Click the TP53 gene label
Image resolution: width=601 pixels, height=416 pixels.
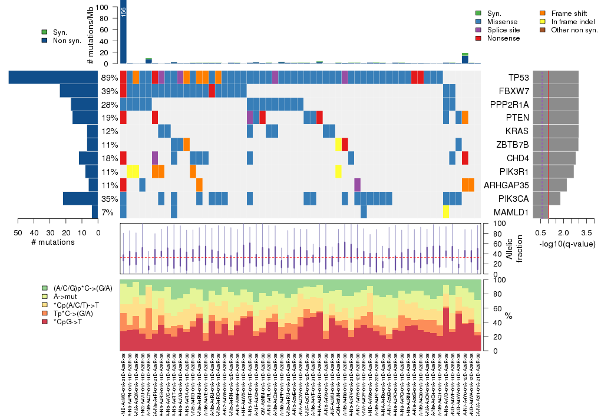click(x=519, y=78)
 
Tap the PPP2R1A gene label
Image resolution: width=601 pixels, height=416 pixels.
click(x=511, y=105)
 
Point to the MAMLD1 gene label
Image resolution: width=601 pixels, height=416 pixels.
click(x=514, y=212)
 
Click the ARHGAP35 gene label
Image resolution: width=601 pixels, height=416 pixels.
click(x=507, y=185)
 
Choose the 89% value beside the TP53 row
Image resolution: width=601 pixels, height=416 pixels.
click(x=110, y=78)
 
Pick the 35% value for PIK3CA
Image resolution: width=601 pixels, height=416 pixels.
click(x=110, y=199)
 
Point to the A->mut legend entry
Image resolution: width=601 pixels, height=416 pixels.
click(x=67, y=297)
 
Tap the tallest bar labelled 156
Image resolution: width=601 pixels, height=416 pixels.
click(x=123, y=34)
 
